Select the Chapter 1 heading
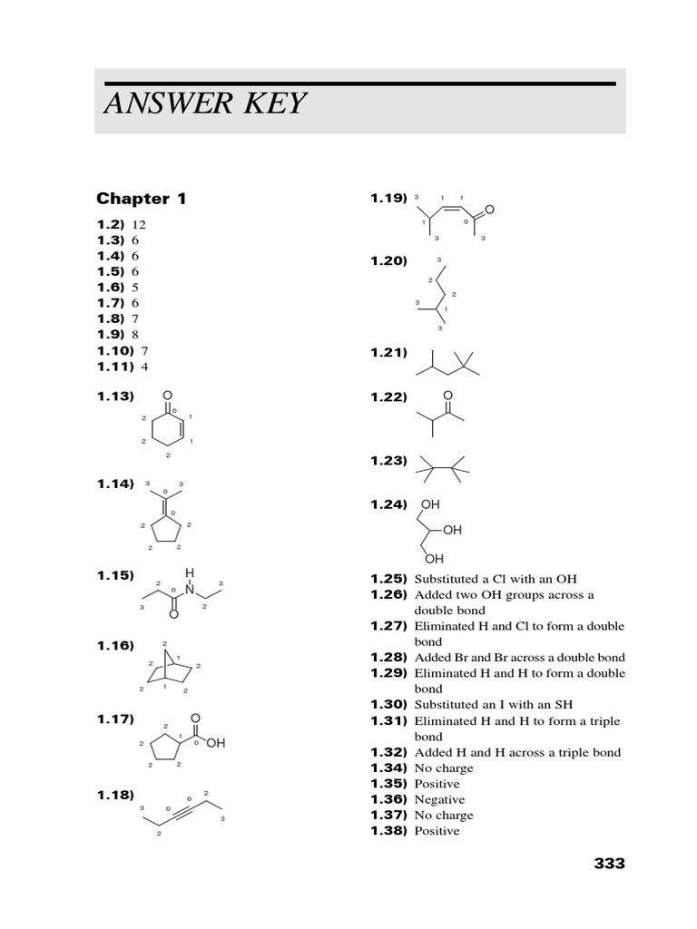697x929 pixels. (141, 199)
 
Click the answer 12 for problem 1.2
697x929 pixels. (139, 224)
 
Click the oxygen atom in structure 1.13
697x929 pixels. (167, 396)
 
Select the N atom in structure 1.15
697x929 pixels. (190, 588)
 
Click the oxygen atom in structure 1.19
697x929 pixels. (489, 210)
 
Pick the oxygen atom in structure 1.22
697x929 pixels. (447, 396)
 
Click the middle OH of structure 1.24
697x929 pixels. (452, 529)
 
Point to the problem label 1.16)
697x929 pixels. (115, 645)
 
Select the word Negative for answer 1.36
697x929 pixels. (439, 799)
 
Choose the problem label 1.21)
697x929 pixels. (388, 353)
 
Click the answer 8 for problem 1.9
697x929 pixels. (135, 334)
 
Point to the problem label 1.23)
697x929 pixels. (388, 461)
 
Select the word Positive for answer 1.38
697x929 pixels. (437, 831)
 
